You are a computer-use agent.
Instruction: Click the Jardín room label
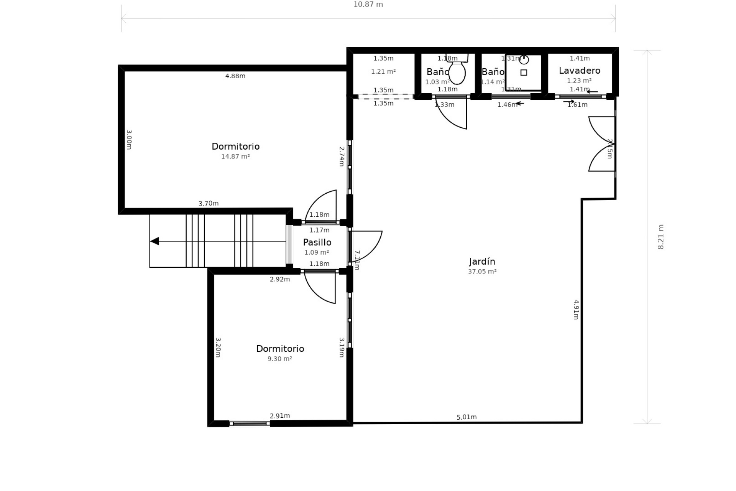[x=482, y=262]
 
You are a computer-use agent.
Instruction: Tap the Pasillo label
[x=317, y=242]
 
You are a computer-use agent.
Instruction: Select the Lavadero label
[x=579, y=71]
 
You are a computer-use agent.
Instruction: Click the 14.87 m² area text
[x=235, y=157]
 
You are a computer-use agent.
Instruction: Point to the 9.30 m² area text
[x=280, y=359]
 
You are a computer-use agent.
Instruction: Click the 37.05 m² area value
[x=482, y=272]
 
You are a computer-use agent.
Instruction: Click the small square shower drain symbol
[x=524, y=72]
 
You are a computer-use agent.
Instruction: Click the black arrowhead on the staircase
[x=154, y=241]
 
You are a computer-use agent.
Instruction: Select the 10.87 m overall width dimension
[x=368, y=5]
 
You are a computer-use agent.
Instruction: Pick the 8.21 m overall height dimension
[x=660, y=237]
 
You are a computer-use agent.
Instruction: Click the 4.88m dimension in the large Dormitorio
[x=235, y=76]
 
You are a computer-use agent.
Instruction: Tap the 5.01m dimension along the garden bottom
[x=467, y=417]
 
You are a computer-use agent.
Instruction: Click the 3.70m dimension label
[x=209, y=203]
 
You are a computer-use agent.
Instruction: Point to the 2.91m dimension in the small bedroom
[x=280, y=416]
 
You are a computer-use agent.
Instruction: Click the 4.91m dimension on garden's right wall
[x=576, y=310]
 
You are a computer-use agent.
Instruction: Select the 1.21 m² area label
[x=383, y=72]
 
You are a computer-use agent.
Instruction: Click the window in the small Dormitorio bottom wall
[x=250, y=423]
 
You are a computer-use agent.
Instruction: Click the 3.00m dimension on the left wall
[x=129, y=140]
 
